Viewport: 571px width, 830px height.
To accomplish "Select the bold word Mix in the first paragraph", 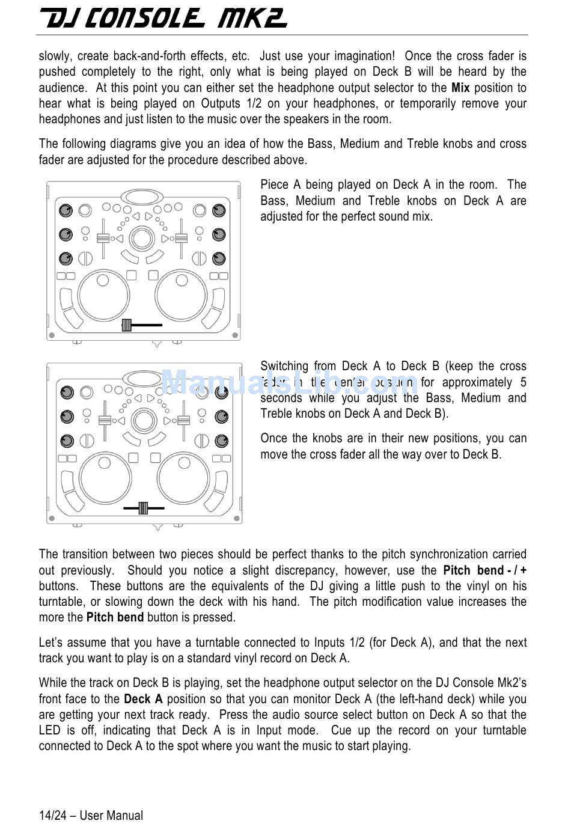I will tap(460, 88).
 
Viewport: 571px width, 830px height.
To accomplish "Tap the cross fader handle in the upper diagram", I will tap(126, 325).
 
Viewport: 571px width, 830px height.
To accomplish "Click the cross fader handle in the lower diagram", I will tap(143, 508).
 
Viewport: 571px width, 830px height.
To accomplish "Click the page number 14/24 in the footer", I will tap(52, 816).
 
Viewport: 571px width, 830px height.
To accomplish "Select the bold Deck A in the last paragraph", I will tap(143, 699).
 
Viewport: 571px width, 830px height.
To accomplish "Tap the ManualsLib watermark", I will tap(289, 383).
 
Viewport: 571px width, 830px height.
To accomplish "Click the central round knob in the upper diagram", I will tap(142, 238).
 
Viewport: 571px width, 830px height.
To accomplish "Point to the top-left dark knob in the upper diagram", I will tap(66, 210).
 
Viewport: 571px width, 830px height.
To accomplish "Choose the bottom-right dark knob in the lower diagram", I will tap(221, 441).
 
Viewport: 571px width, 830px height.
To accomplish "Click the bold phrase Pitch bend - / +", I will tap(484, 570).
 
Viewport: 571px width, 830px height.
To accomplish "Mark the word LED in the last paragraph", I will tap(50, 730).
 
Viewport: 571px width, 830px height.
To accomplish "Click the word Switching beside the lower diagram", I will tap(285, 366).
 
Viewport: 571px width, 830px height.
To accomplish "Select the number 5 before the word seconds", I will tap(523, 382).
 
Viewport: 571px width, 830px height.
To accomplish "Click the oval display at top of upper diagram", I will tap(142, 196).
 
